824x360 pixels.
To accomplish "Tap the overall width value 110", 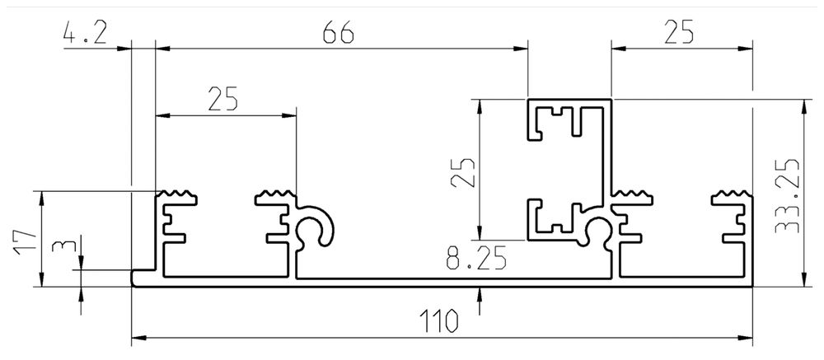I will pos(442,321).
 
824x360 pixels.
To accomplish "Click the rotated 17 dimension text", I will pos(25,239).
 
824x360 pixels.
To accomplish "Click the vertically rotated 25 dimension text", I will pos(466,171).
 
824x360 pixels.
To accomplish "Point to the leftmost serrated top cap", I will pos(178,196).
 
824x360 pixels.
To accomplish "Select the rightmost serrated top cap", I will pos(733,196).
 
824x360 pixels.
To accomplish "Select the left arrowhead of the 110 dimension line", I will pos(138,337).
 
